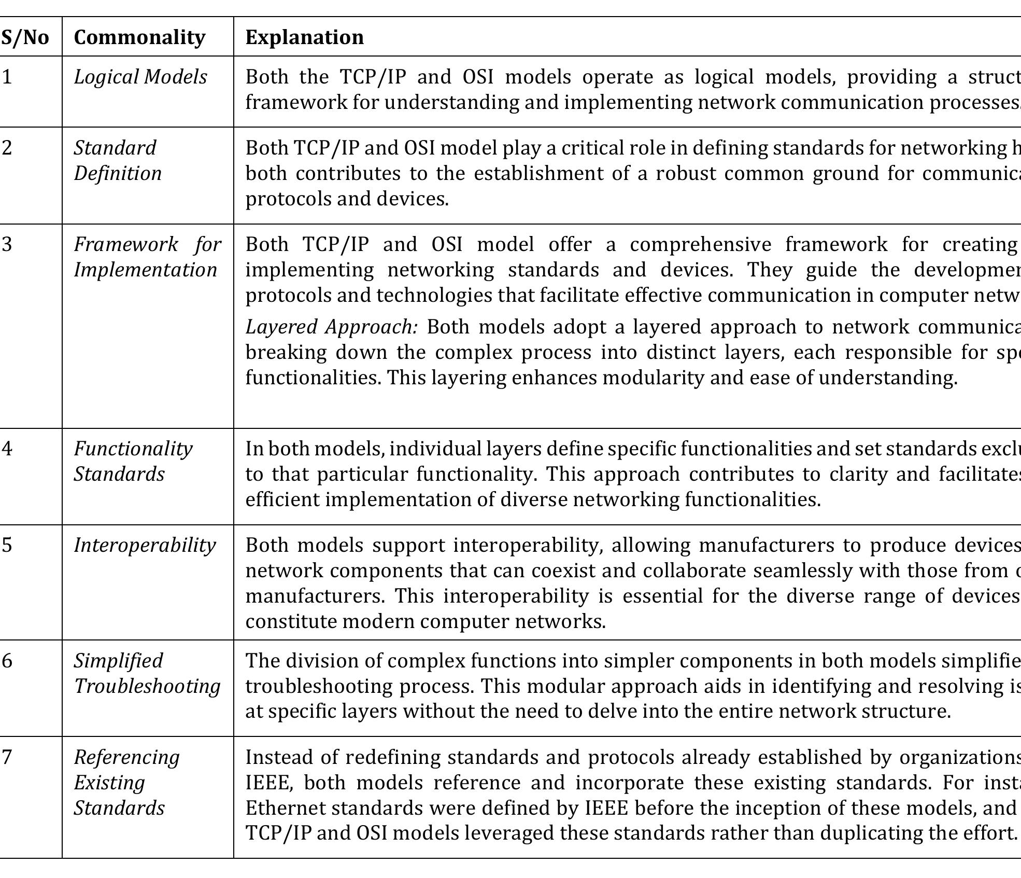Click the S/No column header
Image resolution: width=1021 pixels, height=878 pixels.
click(25, 37)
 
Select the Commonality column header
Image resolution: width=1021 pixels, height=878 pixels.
click(139, 37)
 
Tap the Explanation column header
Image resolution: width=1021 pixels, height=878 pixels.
click(304, 37)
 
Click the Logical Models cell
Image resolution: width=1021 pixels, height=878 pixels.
click(140, 77)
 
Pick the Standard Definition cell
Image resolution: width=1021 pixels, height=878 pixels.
click(118, 160)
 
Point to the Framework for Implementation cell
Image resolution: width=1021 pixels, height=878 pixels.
click(147, 257)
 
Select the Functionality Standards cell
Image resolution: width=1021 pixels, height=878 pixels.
click(133, 461)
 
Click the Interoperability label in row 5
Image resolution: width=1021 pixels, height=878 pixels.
click(145, 545)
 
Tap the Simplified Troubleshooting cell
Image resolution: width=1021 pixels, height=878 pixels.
click(147, 673)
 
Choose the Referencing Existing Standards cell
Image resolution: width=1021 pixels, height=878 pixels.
click(126, 782)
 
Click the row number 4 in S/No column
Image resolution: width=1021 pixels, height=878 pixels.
click(7, 449)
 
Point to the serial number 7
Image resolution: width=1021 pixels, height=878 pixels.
click(7, 757)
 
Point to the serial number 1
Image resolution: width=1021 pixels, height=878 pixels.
click(7, 77)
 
